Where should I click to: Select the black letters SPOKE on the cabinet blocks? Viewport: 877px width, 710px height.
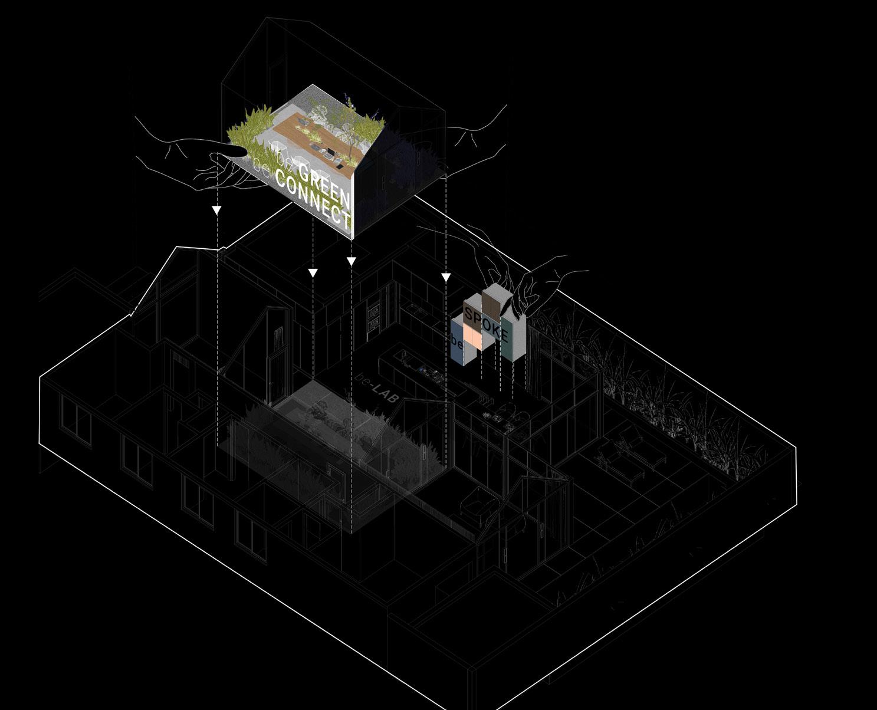coord(486,323)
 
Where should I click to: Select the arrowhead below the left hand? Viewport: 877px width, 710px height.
coord(216,211)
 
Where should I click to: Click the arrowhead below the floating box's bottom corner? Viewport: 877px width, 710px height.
coord(351,261)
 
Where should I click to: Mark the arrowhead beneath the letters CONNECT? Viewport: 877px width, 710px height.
coord(313,272)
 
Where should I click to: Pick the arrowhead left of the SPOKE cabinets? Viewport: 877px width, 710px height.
coord(446,277)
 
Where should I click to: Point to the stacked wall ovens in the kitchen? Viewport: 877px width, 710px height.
coord(374,318)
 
